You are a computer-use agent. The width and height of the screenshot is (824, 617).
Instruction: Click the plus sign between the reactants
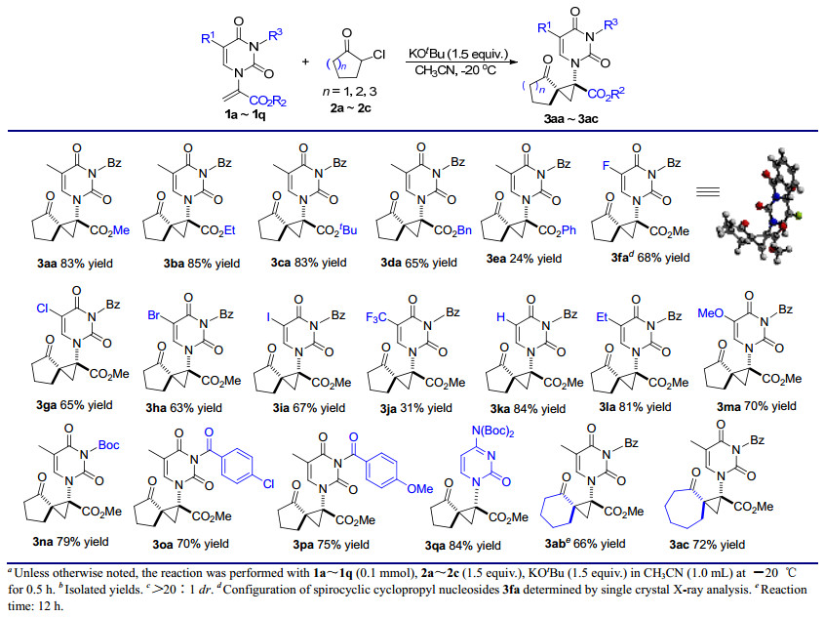point(305,62)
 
